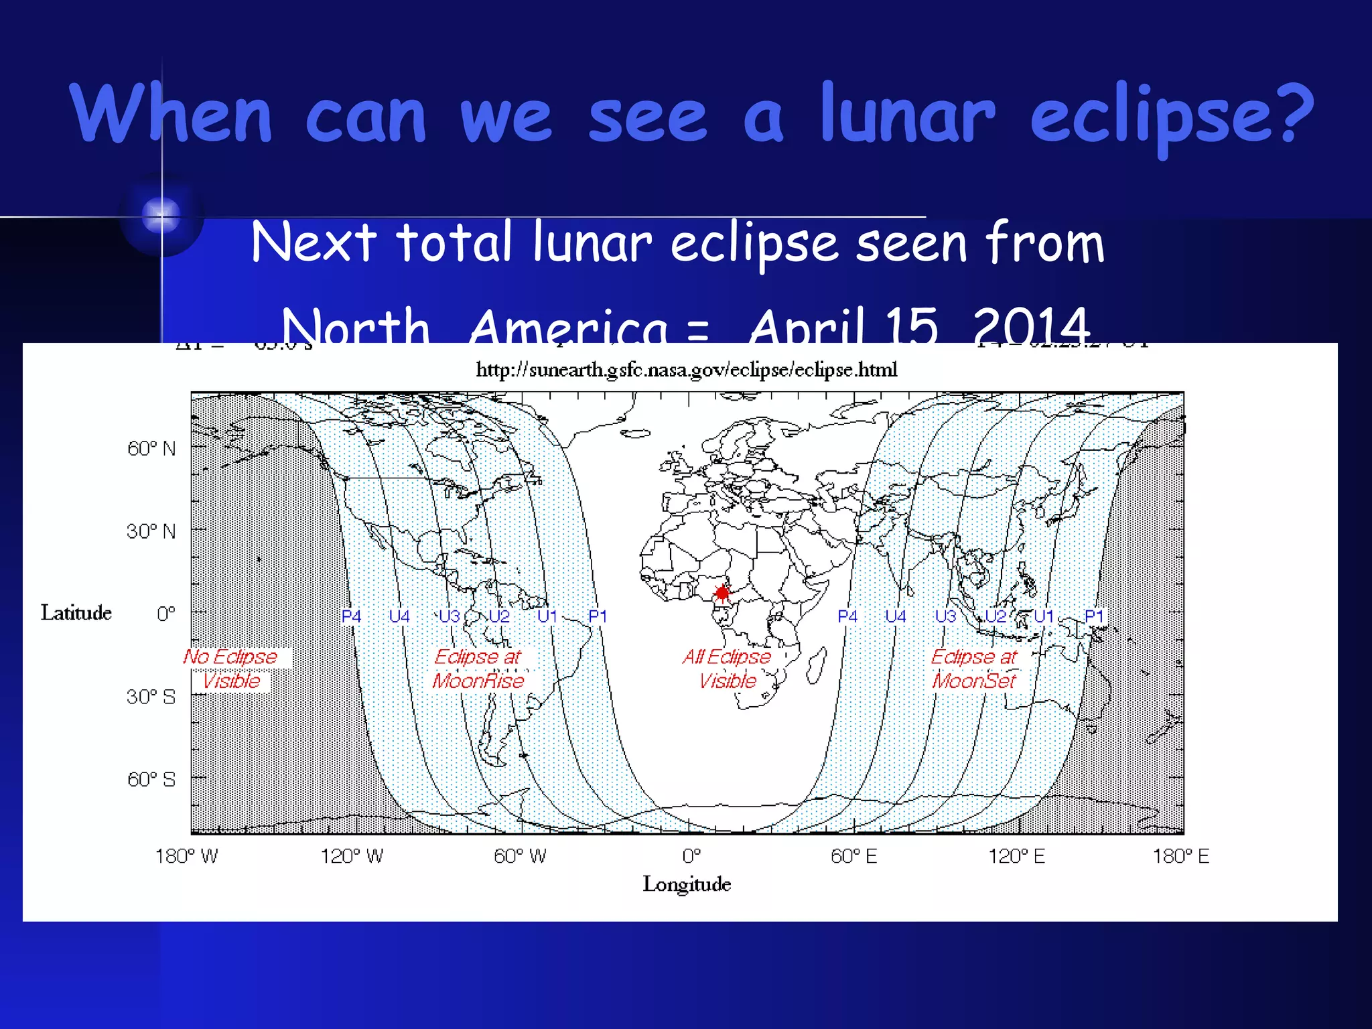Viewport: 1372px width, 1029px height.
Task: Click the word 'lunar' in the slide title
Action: click(907, 114)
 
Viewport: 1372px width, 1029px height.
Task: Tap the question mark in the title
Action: click(1289, 114)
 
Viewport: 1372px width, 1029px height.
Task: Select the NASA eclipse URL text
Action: click(686, 370)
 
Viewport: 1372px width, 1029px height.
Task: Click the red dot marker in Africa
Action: click(722, 593)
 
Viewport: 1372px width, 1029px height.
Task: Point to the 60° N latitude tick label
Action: click(151, 448)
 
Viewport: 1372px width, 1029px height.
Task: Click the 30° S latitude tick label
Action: click(151, 697)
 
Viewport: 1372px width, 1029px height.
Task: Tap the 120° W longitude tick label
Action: click(352, 856)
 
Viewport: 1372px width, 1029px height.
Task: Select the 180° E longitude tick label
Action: click(1180, 856)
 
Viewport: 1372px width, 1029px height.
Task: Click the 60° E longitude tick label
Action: click(853, 856)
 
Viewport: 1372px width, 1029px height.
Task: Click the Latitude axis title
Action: click(76, 612)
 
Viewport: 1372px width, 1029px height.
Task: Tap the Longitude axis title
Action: click(687, 884)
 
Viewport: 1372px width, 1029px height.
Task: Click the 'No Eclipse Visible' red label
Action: click(230, 669)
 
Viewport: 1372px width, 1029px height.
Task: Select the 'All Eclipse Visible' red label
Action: click(727, 669)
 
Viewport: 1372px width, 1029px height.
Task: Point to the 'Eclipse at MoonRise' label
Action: click(478, 669)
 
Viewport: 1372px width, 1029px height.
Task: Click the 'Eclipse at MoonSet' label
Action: click(974, 669)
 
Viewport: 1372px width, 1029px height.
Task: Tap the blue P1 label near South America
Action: click(598, 616)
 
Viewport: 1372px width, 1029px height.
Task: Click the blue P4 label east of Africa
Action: click(847, 616)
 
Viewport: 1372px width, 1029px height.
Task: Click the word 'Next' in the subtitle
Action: click(314, 243)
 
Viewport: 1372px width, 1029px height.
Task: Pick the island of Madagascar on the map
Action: click(817, 667)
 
